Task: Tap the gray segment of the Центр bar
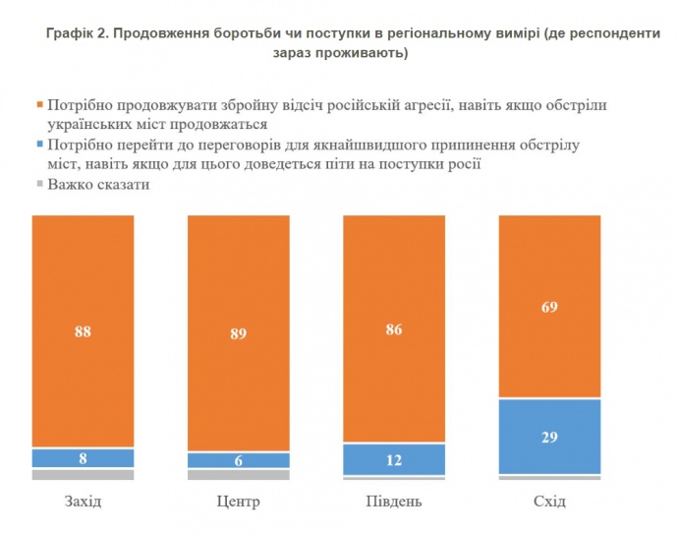(x=238, y=475)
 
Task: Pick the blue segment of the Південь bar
(x=393, y=459)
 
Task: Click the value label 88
(x=83, y=332)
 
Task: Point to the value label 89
(x=238, y=334)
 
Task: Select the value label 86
(x=393, y=329)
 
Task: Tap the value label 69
(x=549, y=308)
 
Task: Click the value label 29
(x=549, y=437)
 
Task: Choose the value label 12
(x=393, y=460)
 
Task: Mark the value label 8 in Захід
(x=83, y=458)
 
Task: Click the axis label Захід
(x=83, y=502)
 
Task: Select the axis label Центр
(x=238, y=502)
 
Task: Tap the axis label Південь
(x=393, y=502)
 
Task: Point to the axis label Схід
(x=549, y=502)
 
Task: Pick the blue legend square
(x=39, y=145)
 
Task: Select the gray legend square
(x=39, y=184)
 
